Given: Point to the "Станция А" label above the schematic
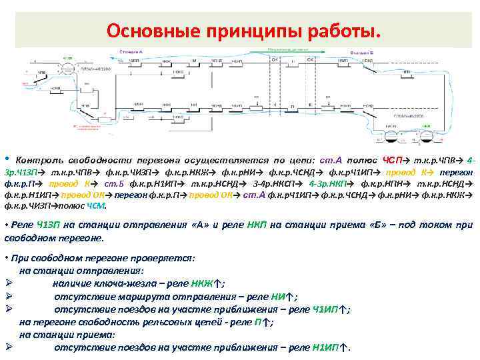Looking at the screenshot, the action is pos(131,51).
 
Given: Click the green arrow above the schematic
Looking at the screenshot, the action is pos(287,50).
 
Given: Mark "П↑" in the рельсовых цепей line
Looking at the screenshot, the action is pos(261,322).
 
